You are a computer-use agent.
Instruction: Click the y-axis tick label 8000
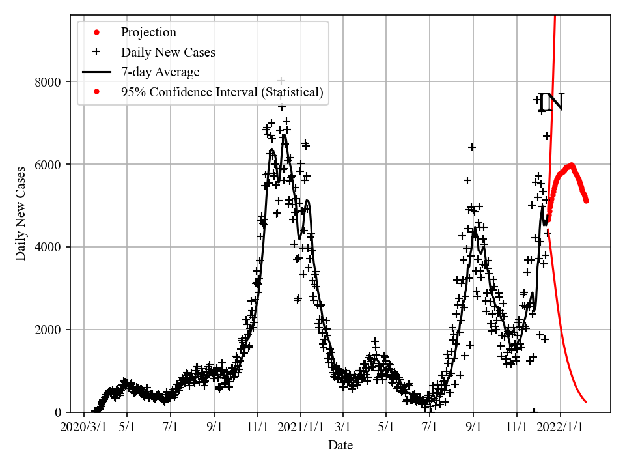(49, 82)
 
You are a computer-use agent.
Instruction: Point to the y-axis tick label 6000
(49, 165)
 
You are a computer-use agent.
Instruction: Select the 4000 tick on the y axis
(49, 248)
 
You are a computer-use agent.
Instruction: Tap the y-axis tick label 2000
(49, 330)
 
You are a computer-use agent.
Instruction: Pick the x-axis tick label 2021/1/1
(301, 427)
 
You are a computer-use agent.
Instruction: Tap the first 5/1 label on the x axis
(126, 427)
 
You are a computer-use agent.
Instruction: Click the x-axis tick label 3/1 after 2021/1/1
(342, 427)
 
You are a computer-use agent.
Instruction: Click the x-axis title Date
(340, 446)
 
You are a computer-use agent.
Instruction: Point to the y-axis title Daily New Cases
(21, 214)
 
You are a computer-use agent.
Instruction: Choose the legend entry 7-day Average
(160, 72)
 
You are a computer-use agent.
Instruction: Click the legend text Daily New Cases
(168, 52)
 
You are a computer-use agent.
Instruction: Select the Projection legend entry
(148, 33)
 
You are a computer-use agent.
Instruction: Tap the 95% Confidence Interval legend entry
(222, 92)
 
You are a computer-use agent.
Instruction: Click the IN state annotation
(551, 103)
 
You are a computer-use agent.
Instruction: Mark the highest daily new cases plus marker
(281, 80)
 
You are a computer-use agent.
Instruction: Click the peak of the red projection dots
(571, 165)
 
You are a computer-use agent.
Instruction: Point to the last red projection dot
(586, 201)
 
